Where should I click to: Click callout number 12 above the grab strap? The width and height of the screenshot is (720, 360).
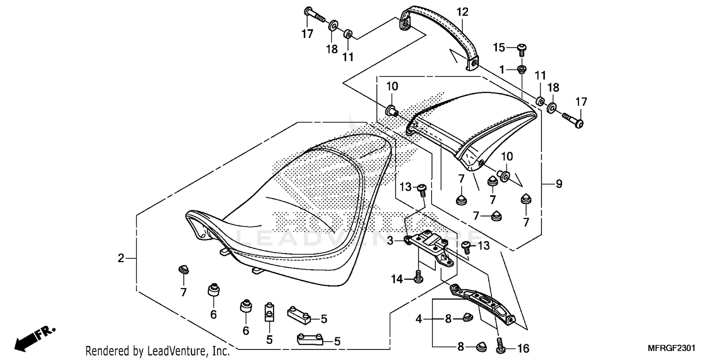tap(462, 12)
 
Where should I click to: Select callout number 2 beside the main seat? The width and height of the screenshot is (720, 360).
tap(121, 259)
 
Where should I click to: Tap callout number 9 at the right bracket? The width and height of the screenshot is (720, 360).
tap(559, 183)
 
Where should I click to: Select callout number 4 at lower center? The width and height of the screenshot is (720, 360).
tap(419, 318)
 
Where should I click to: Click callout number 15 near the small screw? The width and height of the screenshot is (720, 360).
tap(500, 47)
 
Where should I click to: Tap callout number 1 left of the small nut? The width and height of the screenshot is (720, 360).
tap(502, 70)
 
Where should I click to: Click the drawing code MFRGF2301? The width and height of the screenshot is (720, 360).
tap(673, 348)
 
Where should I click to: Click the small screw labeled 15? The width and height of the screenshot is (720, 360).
tap(521, 48)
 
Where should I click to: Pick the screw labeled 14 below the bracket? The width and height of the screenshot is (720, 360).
tap(418, 277)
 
